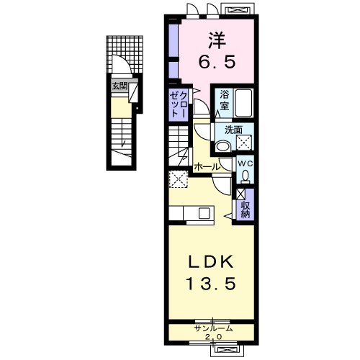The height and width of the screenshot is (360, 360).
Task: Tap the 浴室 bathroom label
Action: coord(223,99)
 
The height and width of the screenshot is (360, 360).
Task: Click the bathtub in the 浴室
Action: coord(243,105)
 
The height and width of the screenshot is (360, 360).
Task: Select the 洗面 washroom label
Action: coord(233,130)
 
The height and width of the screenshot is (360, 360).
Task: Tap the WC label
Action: coord(246,162)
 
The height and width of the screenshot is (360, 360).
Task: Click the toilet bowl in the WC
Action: coord(246,175)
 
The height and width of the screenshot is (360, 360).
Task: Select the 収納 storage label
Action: coord(245,207)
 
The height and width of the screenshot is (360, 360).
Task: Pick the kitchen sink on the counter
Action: coord(204,213)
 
